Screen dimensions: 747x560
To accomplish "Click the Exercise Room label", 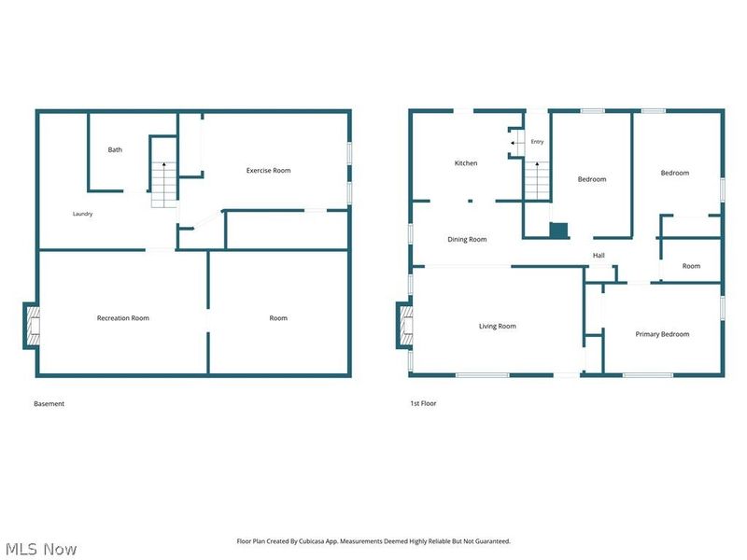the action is point(268,171).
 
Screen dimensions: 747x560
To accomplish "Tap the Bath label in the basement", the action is point(115,149).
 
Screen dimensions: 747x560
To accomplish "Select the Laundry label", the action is point(82,214).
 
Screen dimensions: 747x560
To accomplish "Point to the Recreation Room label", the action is point(123,318).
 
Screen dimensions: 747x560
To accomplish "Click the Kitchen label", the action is point(466,162).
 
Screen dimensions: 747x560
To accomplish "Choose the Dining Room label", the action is point(467,240).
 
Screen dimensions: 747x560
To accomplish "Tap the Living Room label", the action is point(498,326).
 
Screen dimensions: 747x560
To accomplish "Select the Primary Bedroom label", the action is point(662,334).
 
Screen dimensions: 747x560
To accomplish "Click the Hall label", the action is point(599,255).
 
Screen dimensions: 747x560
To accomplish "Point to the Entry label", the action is point(537,142).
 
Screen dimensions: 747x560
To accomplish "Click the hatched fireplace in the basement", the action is point(33,326).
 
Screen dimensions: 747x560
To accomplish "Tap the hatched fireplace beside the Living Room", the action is point(406,326).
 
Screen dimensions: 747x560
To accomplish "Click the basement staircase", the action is point(164,185).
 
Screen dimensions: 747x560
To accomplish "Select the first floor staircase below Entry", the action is point(537,180).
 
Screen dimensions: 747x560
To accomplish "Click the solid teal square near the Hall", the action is point(558,230).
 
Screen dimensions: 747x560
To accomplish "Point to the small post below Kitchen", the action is point(471,201).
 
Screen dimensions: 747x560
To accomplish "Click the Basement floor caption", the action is point(49,404).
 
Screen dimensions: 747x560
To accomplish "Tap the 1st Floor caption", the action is point(423,403).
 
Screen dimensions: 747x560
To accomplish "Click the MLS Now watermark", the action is point(41,549).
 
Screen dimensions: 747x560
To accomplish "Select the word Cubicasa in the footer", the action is point(312,541).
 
